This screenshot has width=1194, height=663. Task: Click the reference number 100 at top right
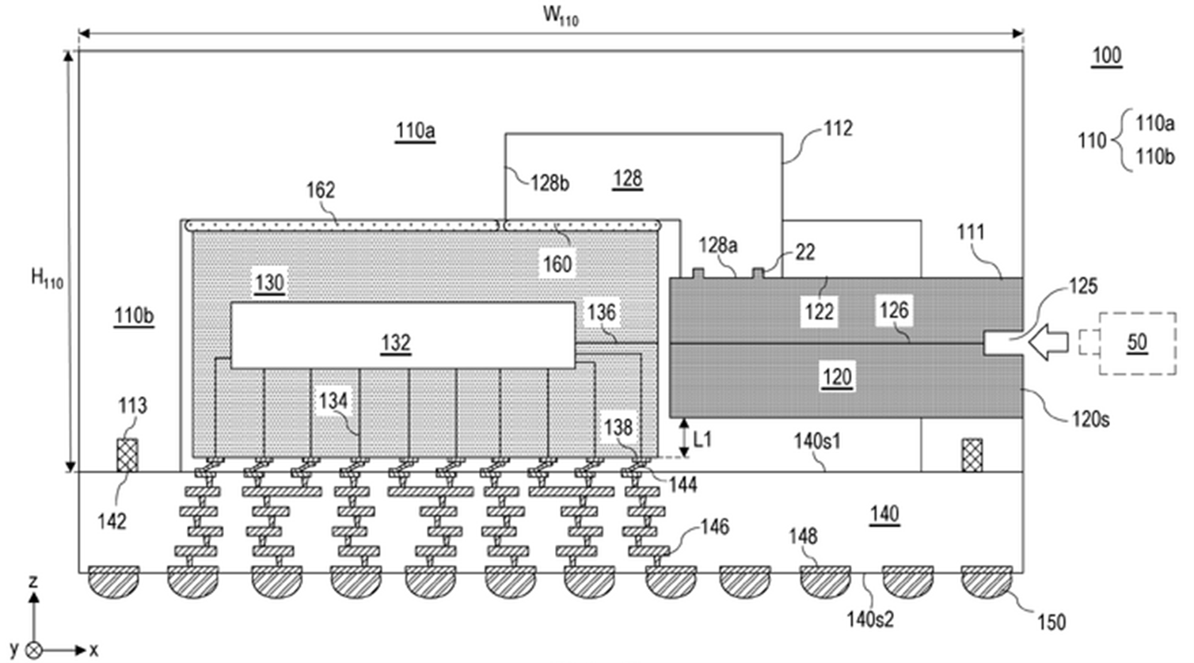coord(1107,55)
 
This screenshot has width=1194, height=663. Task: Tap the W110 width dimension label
coord(561,16)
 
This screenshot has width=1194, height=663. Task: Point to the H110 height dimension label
coord(47,278)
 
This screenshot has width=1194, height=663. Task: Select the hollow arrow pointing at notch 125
coord(1048,342)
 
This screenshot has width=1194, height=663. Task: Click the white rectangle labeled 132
coord(403,336)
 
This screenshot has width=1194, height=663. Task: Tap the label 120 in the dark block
coord(837,377)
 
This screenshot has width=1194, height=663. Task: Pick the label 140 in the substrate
coord(885,514)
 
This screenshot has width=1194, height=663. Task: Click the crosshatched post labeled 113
coord(127,455)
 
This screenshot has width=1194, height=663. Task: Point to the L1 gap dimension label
coord(702,440)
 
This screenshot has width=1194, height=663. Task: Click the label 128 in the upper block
coord(627,179)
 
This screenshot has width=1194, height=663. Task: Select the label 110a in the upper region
coord(415,131)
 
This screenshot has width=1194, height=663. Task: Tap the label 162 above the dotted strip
coord(321,190)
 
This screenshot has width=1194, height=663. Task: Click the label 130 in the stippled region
coord(269,282)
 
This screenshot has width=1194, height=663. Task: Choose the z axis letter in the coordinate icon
coord(33,581)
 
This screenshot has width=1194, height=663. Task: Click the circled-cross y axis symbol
coord(33,650)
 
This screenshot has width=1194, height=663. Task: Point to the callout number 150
coord(1051,623)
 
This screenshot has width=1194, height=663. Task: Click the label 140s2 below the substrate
coord(870,619)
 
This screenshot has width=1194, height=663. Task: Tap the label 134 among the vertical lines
coord(333,401)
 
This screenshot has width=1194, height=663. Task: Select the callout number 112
coord(838,128)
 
